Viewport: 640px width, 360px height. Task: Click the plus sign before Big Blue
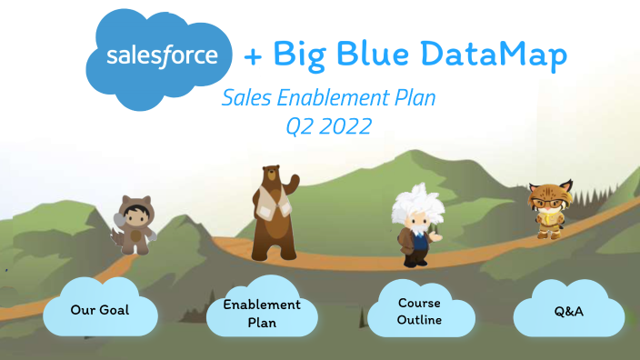(254, 56)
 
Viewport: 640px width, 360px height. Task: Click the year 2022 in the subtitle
(343, 126)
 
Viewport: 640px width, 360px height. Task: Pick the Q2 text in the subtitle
(299, 127)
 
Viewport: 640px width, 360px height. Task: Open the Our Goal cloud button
(99, 310)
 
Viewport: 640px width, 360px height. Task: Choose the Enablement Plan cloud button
(261, 313)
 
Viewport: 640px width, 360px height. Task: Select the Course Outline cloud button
(420, 311)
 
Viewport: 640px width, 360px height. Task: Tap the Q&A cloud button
(568, 312)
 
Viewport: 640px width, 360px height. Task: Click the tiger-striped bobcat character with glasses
(548, 209)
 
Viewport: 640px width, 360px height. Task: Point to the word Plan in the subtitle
(413, 98)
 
